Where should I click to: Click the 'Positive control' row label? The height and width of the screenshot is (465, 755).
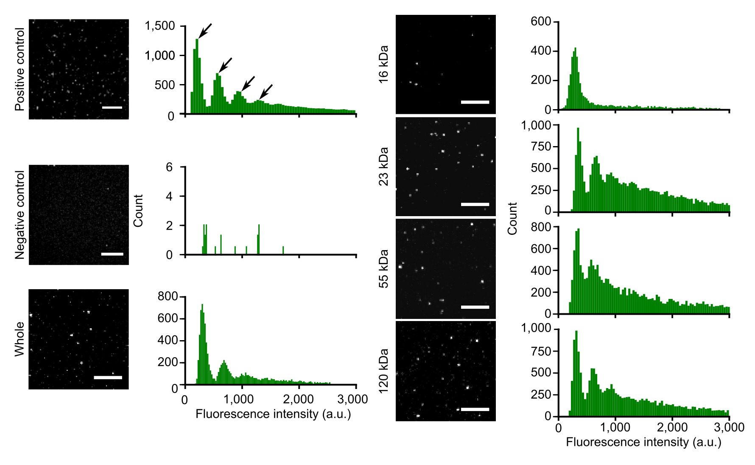click(x=20, y=69)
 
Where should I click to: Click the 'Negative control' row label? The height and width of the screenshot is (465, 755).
click(x=20, y=215)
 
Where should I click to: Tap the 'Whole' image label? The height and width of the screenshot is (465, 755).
click(x=20, y=339)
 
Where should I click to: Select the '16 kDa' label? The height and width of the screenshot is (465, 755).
click(x=383, y=64)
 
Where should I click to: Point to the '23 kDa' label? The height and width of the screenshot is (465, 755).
click(x=383, y=166)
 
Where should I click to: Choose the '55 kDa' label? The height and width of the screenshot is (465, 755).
click(x=383, y=269)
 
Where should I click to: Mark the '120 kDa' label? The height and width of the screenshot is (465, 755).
click(x=383, y=371)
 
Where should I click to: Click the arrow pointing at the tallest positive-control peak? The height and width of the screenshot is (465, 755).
click(x=205, y=31)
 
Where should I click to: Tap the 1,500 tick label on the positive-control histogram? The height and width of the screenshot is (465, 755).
click(x=160, y=26)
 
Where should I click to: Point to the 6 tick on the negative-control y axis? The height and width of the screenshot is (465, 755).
click(x=169, y=167)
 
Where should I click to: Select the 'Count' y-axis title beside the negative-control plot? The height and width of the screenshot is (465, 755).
click(x=138, y=211)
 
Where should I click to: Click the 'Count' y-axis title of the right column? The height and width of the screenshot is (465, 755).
click(x=512, y=218)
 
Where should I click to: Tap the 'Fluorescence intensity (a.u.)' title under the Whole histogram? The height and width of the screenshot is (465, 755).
click(x=273, y=414)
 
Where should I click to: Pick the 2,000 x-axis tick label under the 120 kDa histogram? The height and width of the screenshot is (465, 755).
click(x=672, y=427)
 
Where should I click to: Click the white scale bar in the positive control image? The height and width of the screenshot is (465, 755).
click(x=112, y=107)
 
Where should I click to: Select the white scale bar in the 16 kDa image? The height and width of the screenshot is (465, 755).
click(x=475, y=102)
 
